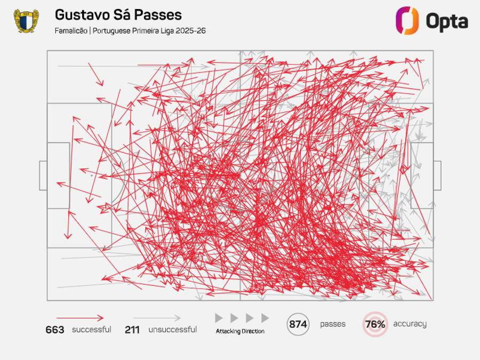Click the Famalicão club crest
coord(26,20)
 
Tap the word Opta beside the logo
coord(446,21)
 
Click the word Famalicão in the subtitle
coord(71,30)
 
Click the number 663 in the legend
coord(55,330)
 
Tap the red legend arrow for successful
coord(80,318)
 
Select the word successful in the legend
coord(92,330)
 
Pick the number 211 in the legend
coord(132,330)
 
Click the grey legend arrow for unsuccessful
coord(157,318)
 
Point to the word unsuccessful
coord(172,330)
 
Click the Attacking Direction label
coord(240,331)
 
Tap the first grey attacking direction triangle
coord(219,318)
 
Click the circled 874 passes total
coord(298,324)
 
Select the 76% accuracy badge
coord(375,324)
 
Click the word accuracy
coord(410,324)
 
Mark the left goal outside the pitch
coord(43,175)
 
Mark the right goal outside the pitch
coord(437,175)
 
